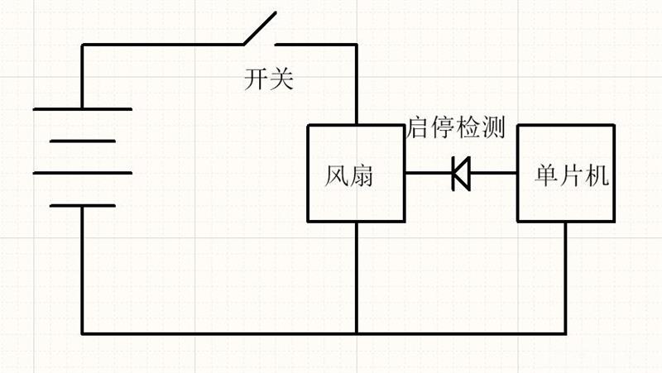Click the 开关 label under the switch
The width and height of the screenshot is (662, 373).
(x=269, y=79)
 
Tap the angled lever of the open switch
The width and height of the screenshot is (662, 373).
(x=260, y=28)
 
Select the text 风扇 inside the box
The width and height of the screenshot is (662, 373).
(x=348, y=175)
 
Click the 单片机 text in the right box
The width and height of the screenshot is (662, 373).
(x=572, y=175)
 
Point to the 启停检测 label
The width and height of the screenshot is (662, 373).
(x=456, y=127)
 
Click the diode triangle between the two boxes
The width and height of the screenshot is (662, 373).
(x=462, y=173)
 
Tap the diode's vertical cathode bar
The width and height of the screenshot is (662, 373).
(x=453, y=173)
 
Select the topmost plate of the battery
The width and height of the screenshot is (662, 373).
(x=83, y=109)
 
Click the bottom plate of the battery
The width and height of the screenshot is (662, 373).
(x=83, y=206)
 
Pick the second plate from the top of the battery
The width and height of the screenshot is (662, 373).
(x=83, y=141)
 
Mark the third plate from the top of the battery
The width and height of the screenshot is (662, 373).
(x=83, y=173)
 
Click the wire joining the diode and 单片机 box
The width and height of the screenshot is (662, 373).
(x=493, y=173)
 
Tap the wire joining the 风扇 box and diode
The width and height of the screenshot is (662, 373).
(x=429, y=173)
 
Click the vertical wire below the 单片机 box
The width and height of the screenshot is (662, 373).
(x=566, y=278)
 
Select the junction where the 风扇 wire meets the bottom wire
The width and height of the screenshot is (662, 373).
(x=357, y=333)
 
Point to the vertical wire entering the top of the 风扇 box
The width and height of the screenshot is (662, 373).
(x=357, y=84)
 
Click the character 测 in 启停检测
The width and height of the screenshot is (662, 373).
(x=493, y=127)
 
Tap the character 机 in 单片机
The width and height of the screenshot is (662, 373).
(x=597, y=175)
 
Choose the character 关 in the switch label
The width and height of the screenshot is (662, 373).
(x=281, y=79)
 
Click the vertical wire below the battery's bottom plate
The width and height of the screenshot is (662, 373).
(x=82, y=270)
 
